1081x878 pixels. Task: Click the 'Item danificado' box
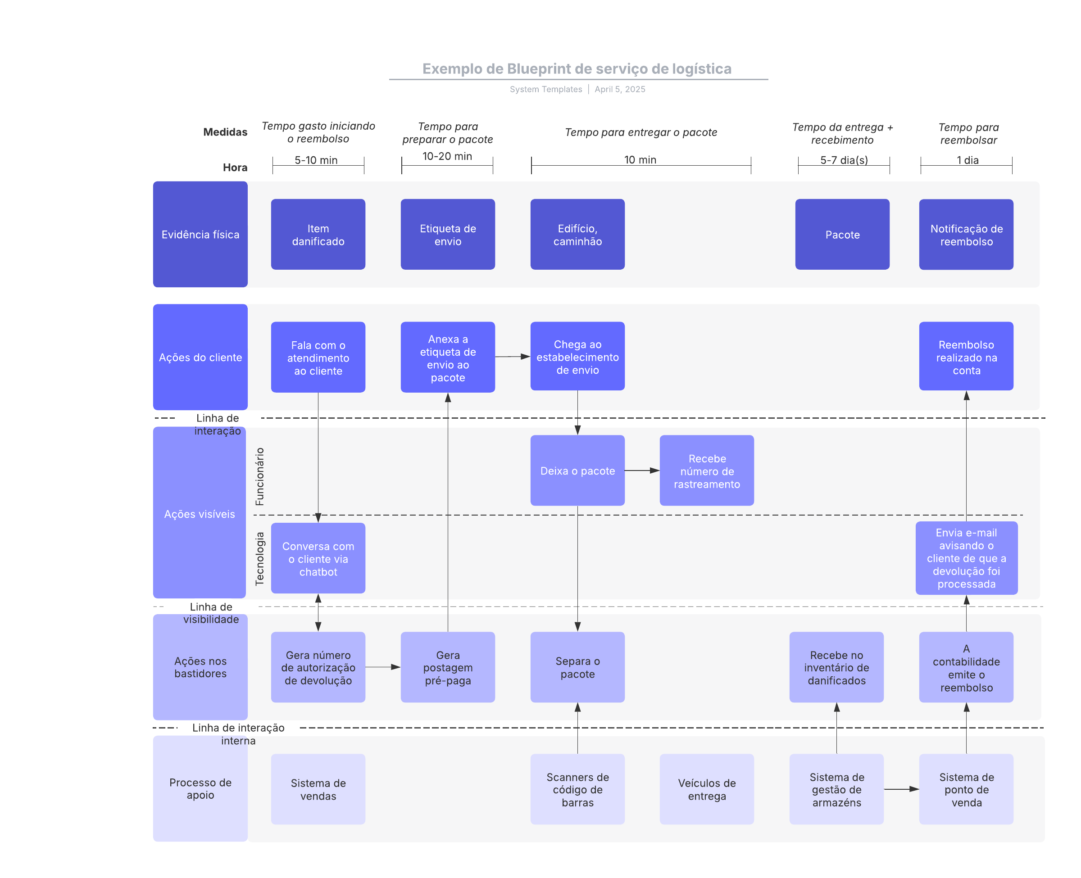[318, 234]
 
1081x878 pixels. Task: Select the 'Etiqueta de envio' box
[447, 234]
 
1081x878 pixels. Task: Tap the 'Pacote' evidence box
[842, 234]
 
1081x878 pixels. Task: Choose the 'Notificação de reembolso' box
[966, 234]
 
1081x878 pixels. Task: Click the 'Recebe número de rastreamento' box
[706, 471]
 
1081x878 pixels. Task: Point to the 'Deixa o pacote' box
[577, 471]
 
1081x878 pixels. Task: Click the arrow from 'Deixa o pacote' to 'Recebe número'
[641, 471]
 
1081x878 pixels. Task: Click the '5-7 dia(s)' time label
[843, 160]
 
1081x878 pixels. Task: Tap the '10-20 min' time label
[447, 156]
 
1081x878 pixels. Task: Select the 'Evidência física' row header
[200, 234]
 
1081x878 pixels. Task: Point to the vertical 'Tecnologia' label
[259, 558]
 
